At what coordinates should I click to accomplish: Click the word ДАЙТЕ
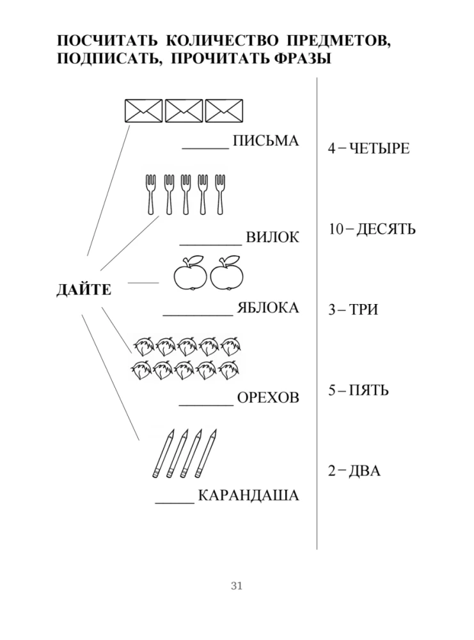pos(84,290)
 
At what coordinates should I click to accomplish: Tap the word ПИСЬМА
pos(265,141)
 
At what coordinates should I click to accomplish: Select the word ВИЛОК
pos(273,237)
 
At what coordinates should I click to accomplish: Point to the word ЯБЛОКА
pos(267,308)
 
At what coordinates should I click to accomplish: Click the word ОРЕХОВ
pos(268,398)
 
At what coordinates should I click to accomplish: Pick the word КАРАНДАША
pos(248,495)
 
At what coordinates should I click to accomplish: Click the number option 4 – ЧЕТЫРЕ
pos(368,148)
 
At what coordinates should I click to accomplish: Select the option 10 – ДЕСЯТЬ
pos(372,229)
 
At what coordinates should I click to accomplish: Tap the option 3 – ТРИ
pos(352,310)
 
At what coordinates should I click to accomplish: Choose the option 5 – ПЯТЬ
pos(358,390)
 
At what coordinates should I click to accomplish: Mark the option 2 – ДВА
pos(354,472)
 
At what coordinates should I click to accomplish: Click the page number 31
pos(237,586)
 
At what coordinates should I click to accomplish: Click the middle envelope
pos(184,111)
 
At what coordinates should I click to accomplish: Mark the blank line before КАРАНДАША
pos(175,502)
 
